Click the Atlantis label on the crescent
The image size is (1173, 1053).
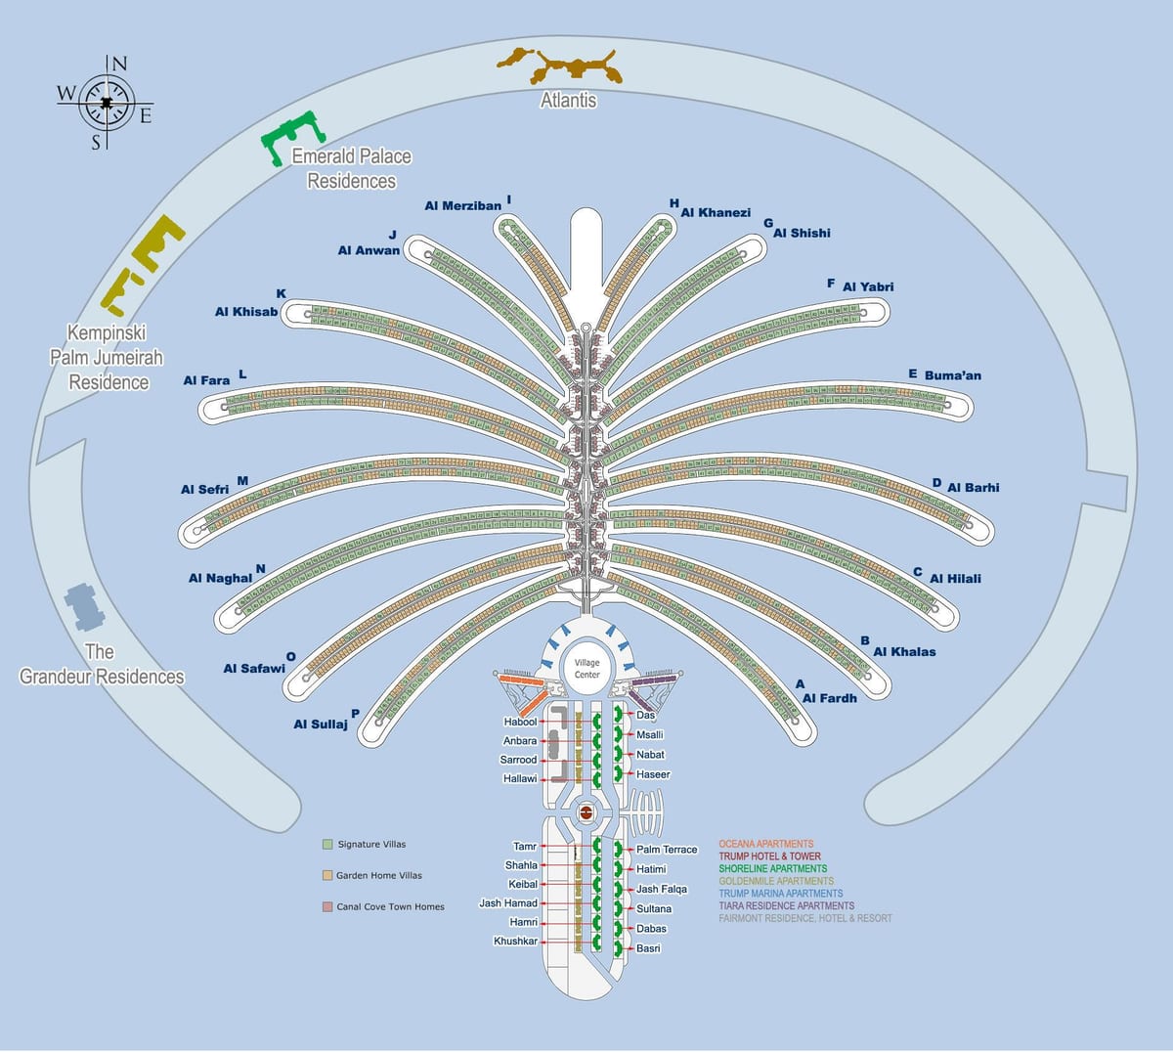(568, 100)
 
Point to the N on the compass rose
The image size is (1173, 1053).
(119, 64)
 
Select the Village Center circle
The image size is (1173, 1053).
(586, 669)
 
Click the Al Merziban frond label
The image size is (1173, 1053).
(462, 205)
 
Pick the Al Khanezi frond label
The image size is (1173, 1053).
(716, 212)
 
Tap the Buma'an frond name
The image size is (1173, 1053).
(953, 375)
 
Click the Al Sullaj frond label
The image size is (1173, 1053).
(321, 724)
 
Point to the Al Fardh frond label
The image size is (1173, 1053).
(829, 698)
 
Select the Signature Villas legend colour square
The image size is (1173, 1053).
(327, 845)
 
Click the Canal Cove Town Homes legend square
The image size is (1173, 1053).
(327, 906)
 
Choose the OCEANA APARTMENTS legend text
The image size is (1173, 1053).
(766, 844)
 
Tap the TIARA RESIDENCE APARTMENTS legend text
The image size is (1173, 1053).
(786, 905)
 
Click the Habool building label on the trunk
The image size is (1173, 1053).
(520, 722)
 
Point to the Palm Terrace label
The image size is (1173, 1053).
(667, 849)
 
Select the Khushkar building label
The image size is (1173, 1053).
(515, 942)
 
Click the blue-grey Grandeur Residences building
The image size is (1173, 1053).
(85, 607)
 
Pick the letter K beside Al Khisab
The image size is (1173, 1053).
(281, 293)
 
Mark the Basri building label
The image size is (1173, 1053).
(648, 948)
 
